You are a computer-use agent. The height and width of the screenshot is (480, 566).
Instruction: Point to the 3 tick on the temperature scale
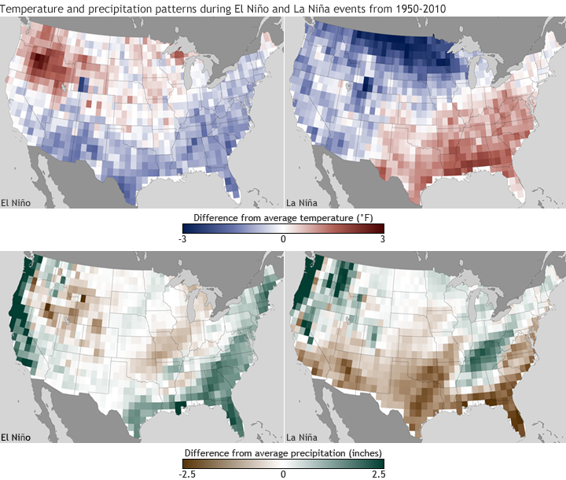click(382, 238)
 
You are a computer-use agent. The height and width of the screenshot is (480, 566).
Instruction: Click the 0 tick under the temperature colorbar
click(283, 238)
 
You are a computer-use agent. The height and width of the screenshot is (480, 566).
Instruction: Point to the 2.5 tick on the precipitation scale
click(378, 474)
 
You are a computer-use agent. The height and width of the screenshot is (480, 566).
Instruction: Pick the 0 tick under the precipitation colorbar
click(283, 474)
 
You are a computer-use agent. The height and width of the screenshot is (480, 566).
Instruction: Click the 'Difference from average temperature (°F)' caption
click(282, 216)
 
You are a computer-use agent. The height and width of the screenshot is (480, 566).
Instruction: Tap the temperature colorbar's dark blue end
click(186, 228)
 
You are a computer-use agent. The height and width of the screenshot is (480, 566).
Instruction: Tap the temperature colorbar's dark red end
click(380, 228)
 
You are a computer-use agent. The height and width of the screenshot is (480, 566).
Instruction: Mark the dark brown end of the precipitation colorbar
click(186, 463)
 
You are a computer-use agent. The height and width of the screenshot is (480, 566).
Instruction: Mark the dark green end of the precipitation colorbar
click(380, 463)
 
